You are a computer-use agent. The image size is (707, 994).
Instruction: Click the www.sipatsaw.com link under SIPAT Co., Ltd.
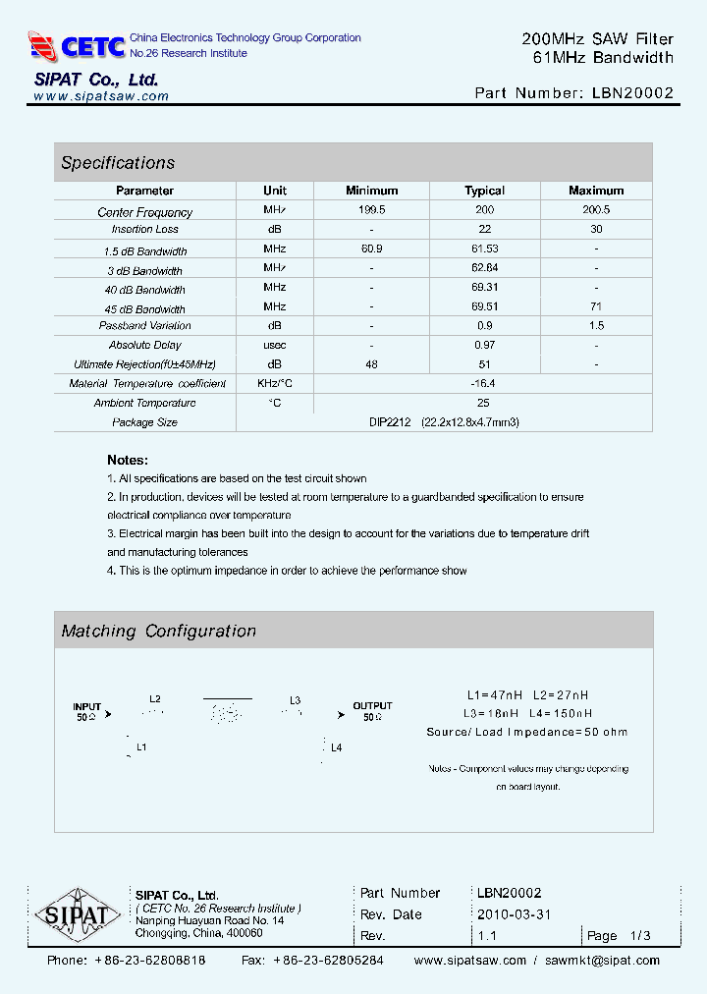[101, 96]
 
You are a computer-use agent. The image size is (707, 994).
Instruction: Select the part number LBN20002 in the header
[633, 93]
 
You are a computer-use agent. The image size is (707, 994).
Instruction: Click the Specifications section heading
[118, 163]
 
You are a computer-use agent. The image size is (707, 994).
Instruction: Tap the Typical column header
[484, 191]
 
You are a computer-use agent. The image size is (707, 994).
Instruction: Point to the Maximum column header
[596, 191]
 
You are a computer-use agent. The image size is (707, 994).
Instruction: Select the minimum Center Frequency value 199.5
[372, 210]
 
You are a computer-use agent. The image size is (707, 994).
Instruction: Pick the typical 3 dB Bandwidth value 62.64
[484, 268]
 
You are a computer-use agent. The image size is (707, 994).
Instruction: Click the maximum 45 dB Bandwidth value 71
[596, 306]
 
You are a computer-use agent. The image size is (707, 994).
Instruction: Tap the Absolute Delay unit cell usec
[274, 345]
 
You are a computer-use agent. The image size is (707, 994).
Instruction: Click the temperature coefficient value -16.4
[484, 384]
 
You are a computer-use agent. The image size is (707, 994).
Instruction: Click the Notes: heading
[128, 460]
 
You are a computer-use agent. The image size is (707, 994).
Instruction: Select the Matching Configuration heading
[158, 632]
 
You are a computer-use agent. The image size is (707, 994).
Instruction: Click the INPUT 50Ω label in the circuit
[87, 712]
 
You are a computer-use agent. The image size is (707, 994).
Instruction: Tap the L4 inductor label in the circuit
[336, 748]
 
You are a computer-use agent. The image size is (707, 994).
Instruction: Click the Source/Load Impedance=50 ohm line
[526, 732]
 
